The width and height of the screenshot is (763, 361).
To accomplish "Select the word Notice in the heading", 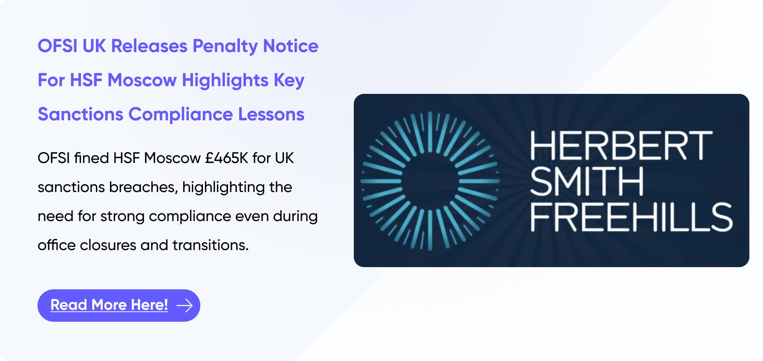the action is tap(291, 46).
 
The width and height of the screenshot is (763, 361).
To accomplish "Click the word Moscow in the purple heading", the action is tap(142, 80).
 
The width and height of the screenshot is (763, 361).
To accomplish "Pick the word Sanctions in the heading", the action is tap(81, 114).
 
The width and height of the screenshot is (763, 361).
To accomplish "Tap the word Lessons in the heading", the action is tap(271, 114).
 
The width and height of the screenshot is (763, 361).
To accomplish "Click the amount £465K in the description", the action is tap(226, 158).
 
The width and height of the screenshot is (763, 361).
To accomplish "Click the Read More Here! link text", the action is tap(109, 305).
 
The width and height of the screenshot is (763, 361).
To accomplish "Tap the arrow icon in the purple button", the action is tap(185, 306).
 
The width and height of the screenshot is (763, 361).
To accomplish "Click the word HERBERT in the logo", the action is tap(621, 146).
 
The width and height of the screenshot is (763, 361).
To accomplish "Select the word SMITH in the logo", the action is tap(587, 181).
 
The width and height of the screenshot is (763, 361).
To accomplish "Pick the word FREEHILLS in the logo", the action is tap(631, 217).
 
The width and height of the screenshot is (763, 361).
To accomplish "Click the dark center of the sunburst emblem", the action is tap(430, 181).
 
